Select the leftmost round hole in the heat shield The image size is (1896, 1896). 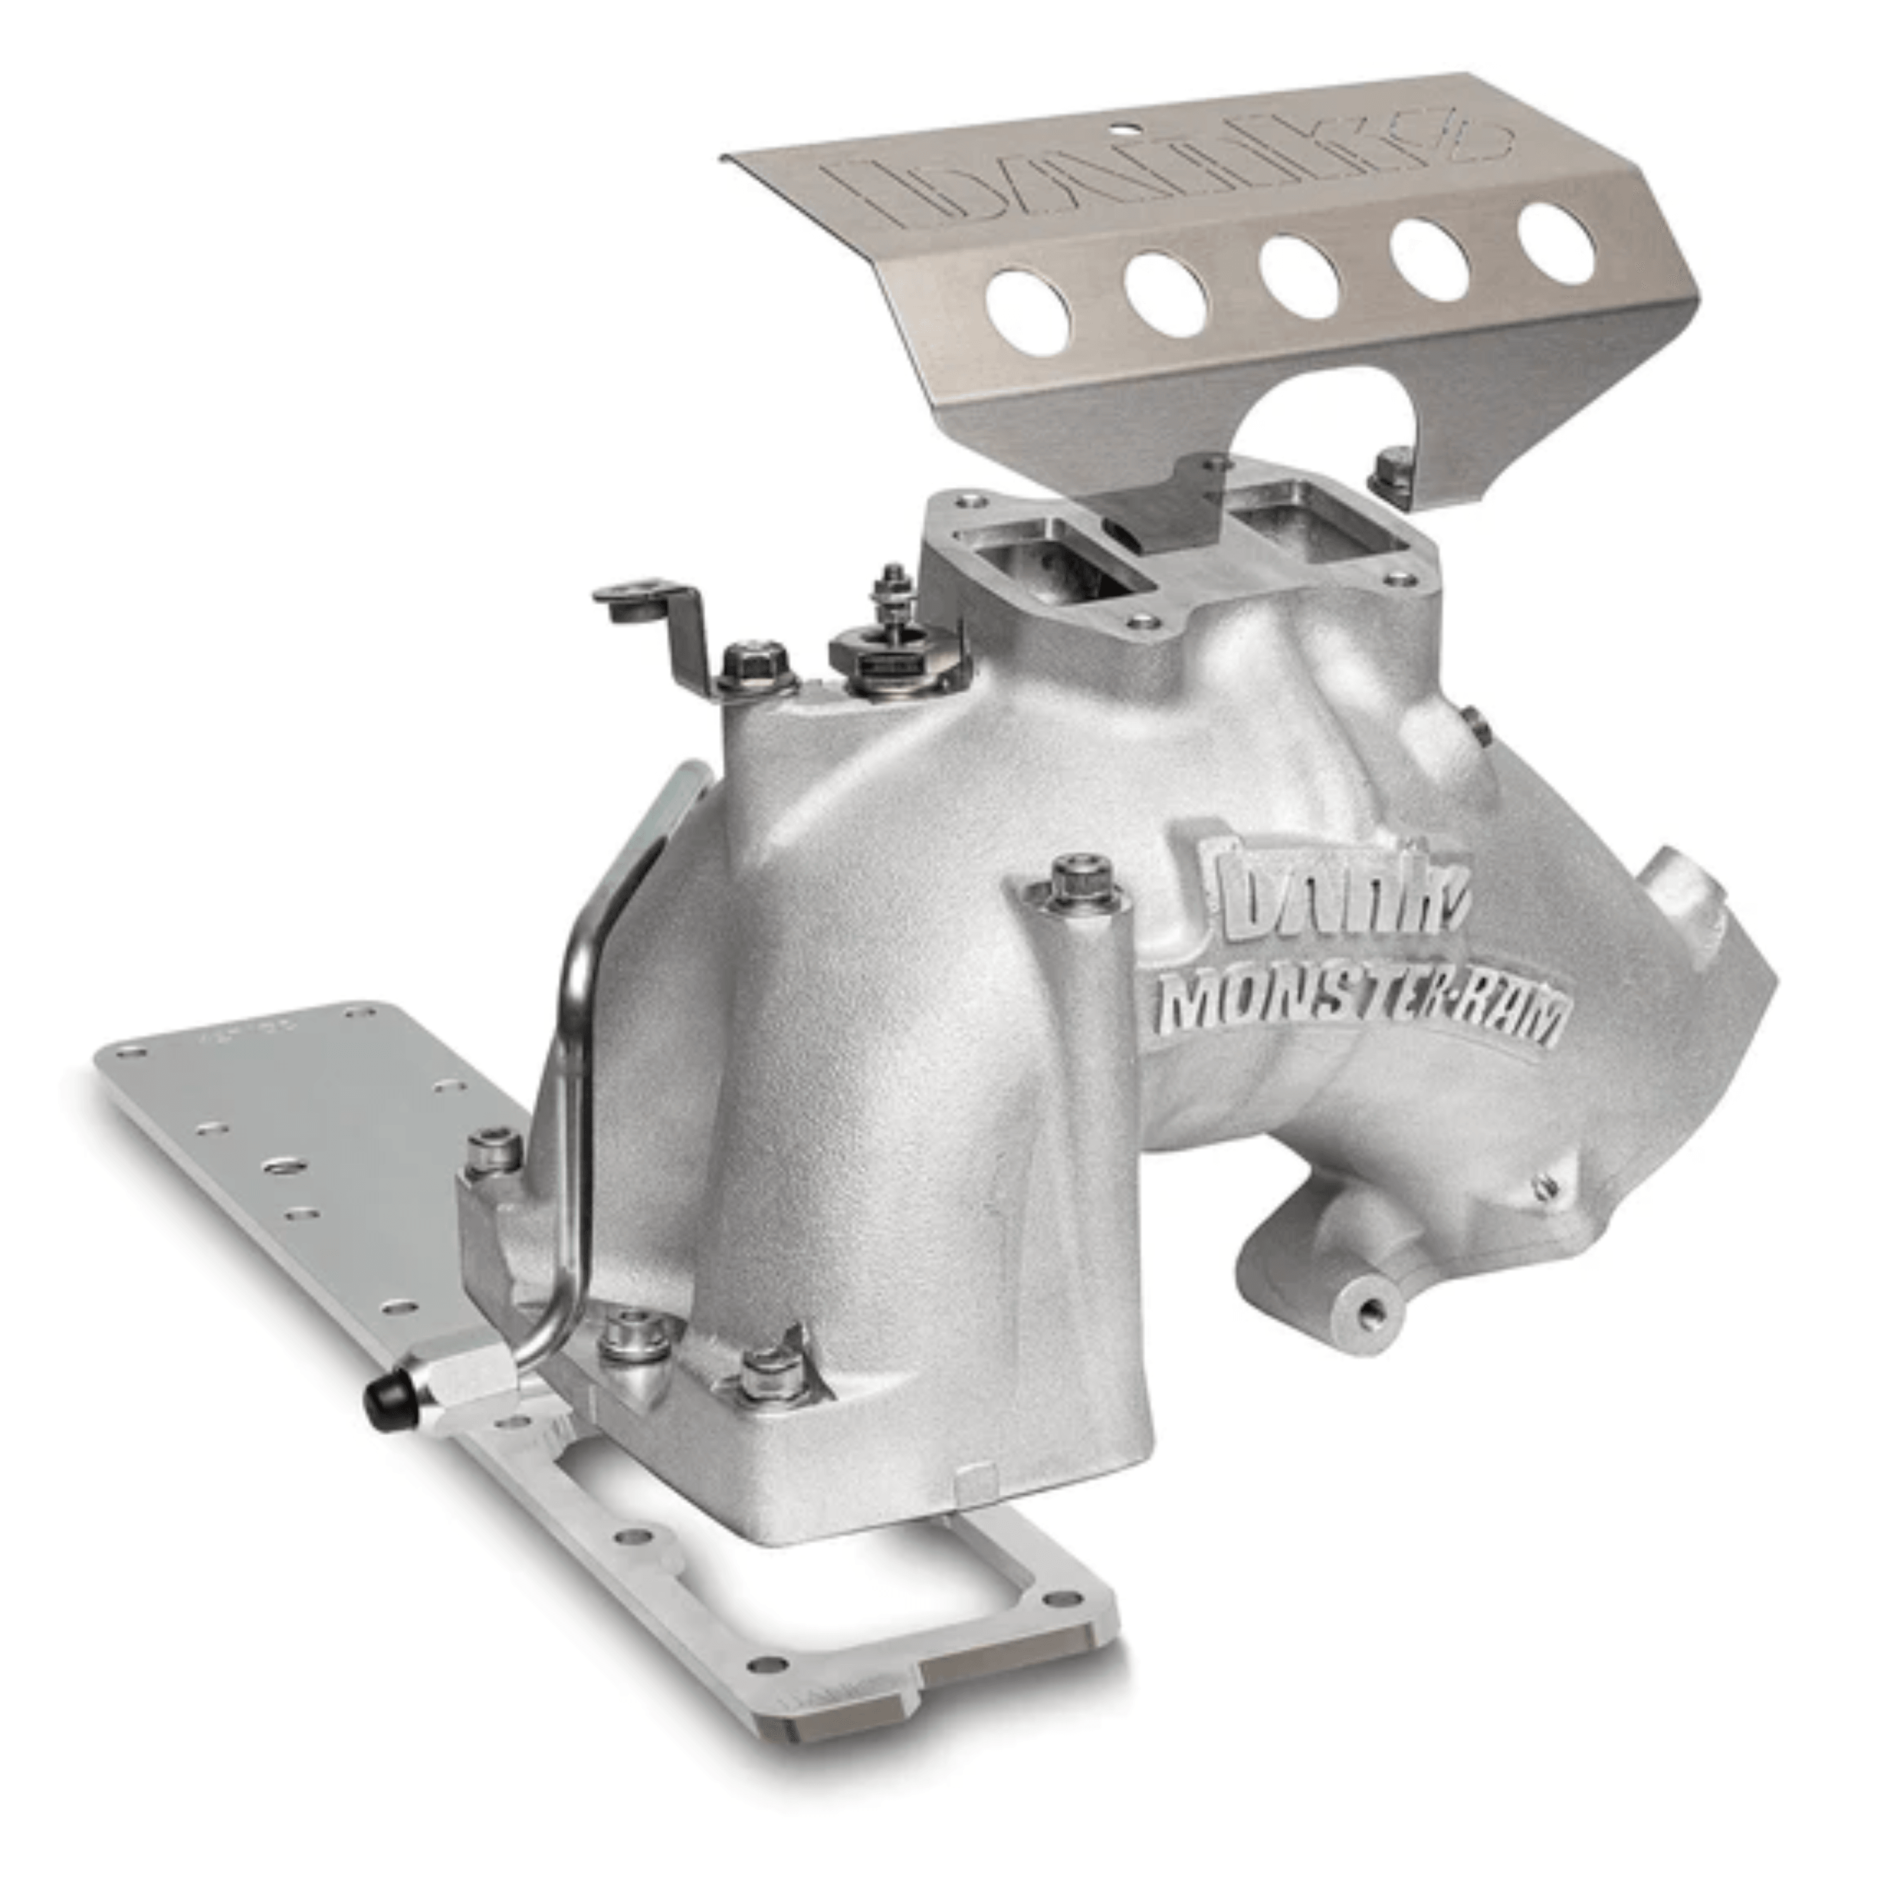coord(1028,312)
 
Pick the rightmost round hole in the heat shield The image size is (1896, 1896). coord(1557,243)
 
